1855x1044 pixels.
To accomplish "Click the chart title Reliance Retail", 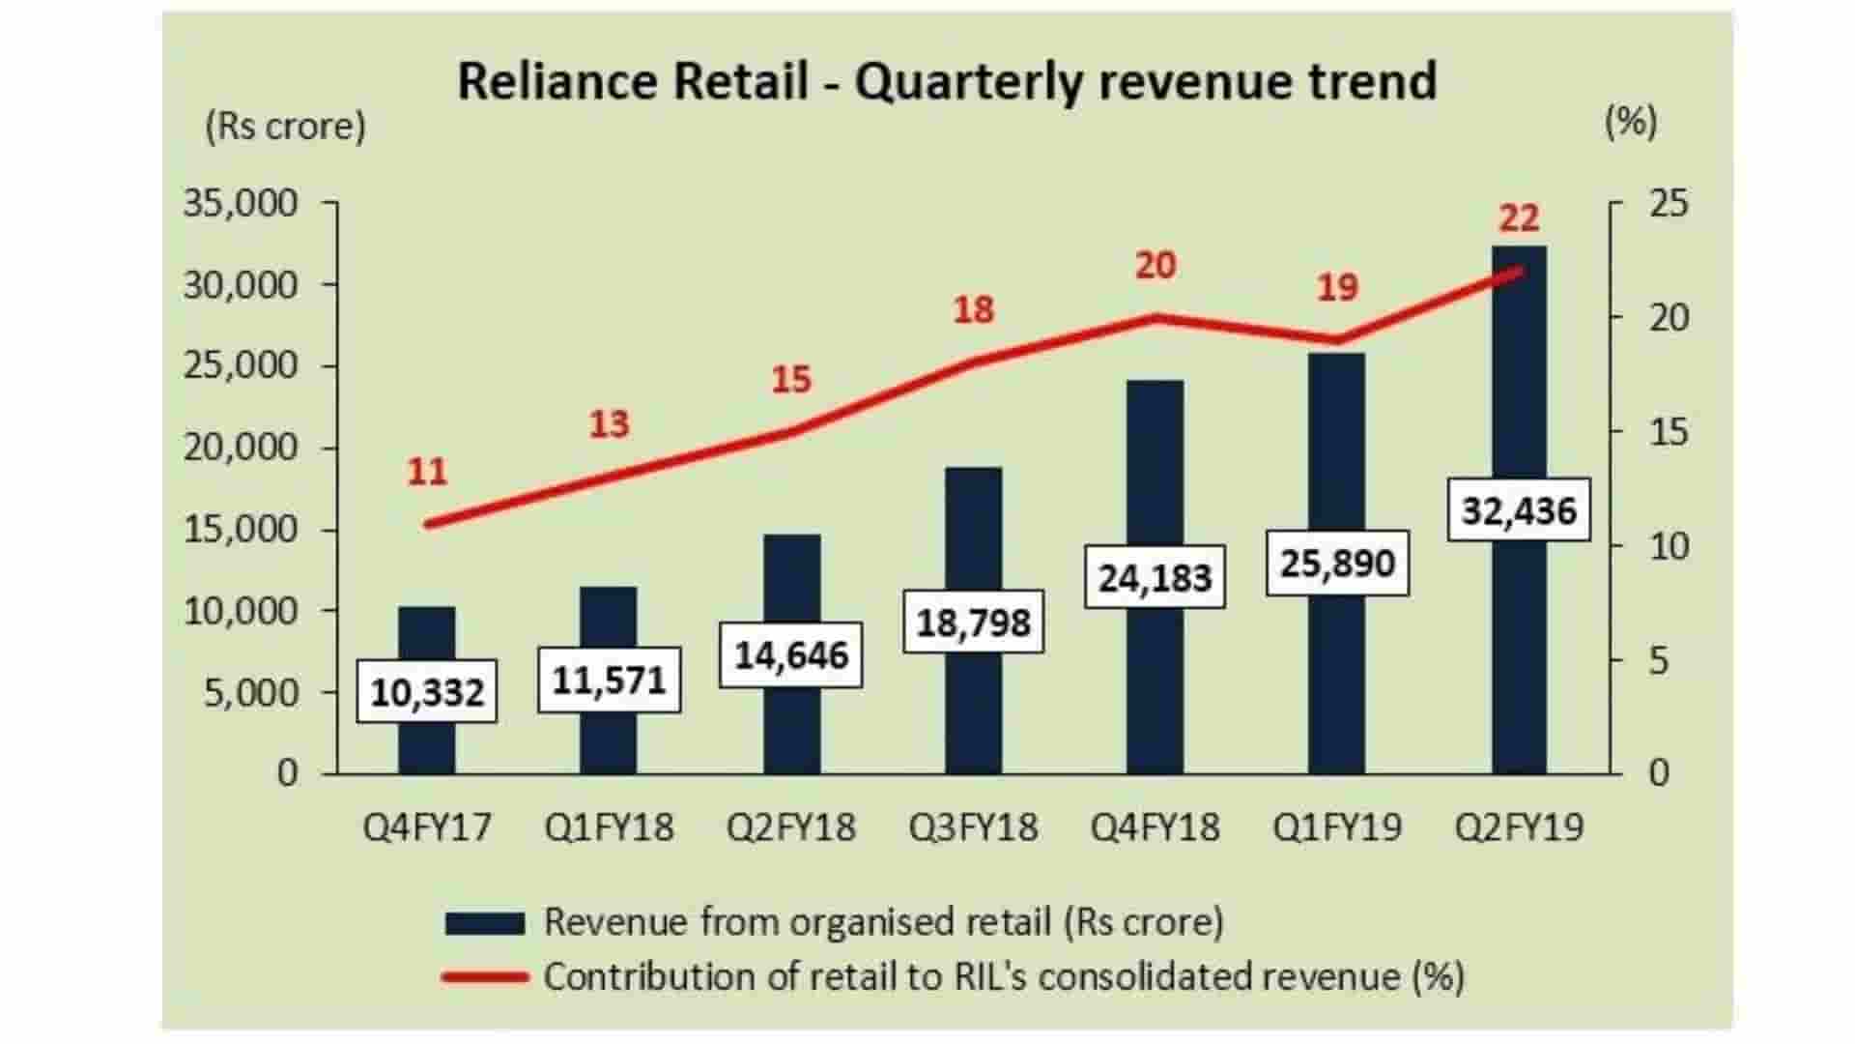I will [946, 80].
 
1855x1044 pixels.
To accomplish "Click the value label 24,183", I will [1155, 577].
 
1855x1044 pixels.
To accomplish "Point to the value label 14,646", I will [790, 655].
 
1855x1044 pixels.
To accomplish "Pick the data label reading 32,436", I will [1519, 509].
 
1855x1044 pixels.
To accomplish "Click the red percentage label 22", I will [1519, 218].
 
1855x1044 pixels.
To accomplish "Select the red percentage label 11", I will [427, 472].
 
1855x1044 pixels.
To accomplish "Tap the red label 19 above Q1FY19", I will [1337, 287].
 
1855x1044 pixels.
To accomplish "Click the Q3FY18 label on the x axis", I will [973, 827].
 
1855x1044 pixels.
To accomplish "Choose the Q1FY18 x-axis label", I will [609, 827].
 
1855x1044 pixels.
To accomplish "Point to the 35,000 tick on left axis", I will [241, 204].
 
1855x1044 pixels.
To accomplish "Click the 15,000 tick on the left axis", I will [241, 530].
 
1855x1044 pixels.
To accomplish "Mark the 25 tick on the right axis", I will [1669, 204].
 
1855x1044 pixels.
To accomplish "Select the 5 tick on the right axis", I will [1659, 660].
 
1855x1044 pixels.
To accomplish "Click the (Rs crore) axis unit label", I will [285, 127].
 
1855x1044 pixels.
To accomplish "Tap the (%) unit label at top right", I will [1630, 122].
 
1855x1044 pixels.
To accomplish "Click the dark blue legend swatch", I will [484, 923].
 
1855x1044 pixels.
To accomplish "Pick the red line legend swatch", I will [484, 977].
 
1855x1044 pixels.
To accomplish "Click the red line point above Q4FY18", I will [1155, 317].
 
